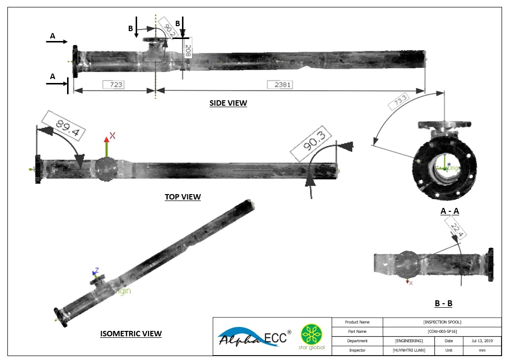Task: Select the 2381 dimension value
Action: tap(280, 84)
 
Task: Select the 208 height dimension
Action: tap(187, 51)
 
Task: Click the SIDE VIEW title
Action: tap(228, 103)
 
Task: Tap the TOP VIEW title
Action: tap(182, 197)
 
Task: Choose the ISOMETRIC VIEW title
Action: tap(131, 333)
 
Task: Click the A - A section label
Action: tap(449, 211)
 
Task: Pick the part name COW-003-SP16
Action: tap(442, 331)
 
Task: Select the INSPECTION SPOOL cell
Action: tap(442, 322)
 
